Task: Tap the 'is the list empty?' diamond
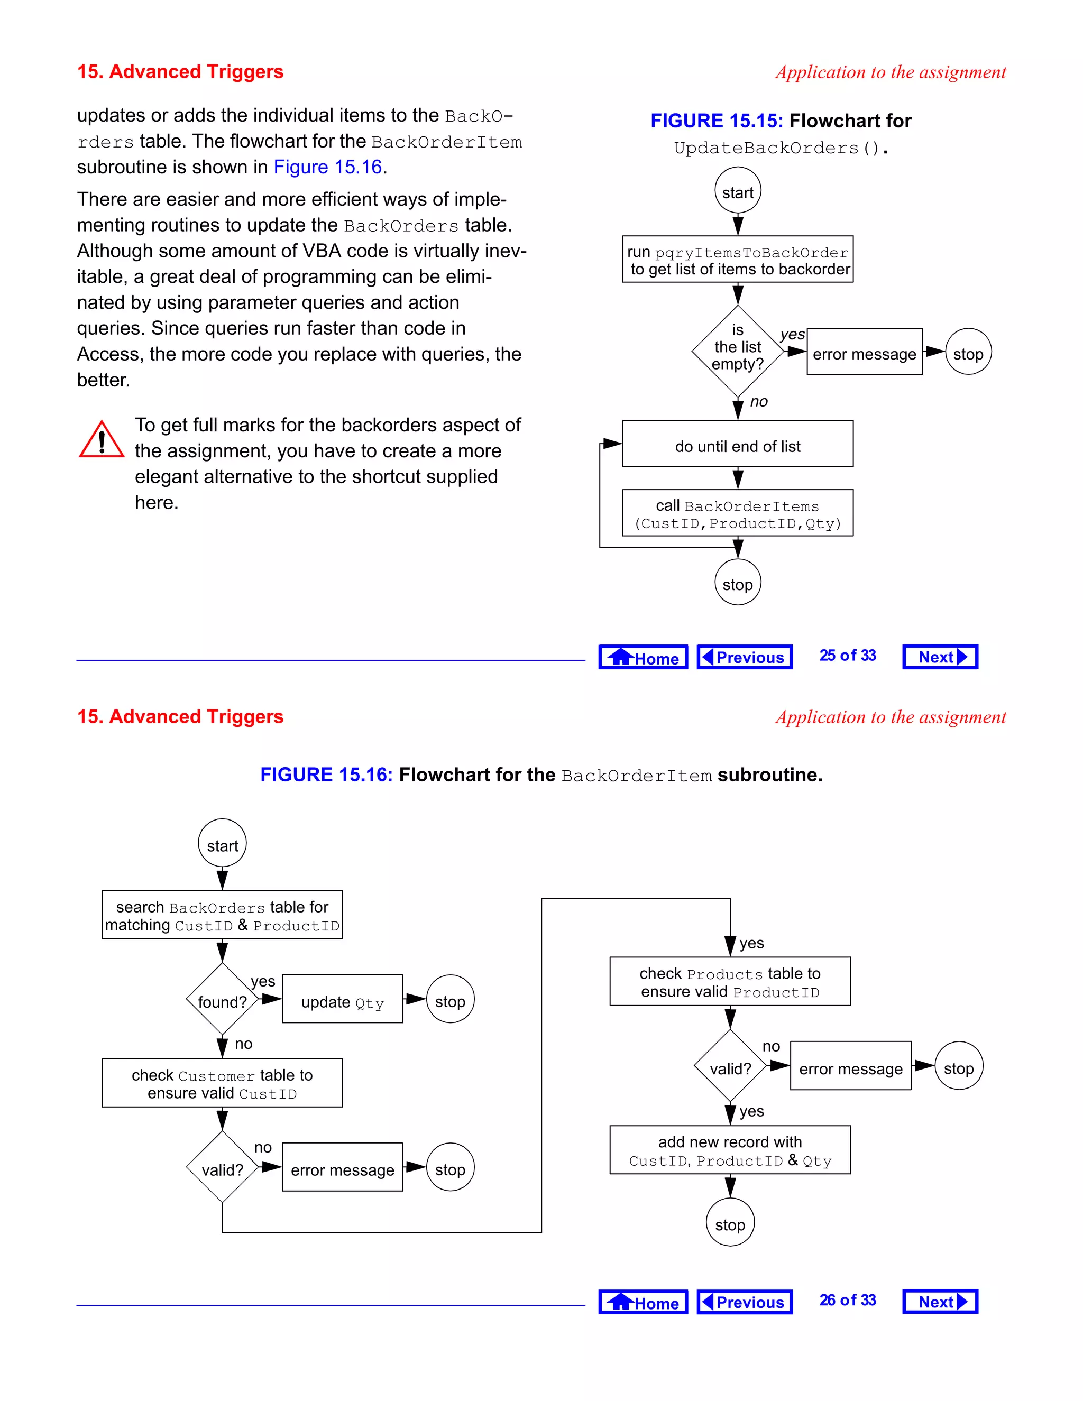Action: coord(738,351)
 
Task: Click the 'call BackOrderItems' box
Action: coord(738,513)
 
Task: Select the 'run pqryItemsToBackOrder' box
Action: coord(738,259)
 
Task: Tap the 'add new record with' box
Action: coord(730,1149)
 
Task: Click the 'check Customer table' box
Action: coord(222,1083)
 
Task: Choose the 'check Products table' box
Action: coord(730,981)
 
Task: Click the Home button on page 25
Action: coord(643,657)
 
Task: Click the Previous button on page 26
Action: coord(744,1302)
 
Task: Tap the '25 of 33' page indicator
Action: coord(848,656)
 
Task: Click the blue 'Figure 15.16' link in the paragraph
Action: coord(328,167)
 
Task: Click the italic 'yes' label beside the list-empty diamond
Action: coord(792,334)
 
